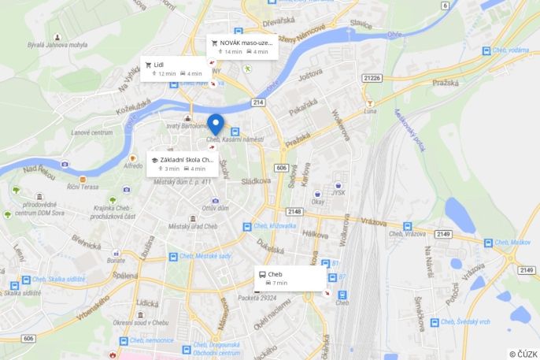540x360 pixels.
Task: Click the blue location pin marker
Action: point(215,124)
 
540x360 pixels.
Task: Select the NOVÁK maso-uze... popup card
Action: point(242,46)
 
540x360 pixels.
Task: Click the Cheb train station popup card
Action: point(289,278)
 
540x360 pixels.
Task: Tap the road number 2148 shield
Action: point(294,212)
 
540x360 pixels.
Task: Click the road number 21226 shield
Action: point(372,78)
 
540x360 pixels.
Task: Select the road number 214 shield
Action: point(257,102)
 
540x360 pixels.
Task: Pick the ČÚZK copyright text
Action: point(523,354)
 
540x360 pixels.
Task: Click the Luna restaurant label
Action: point(370,111)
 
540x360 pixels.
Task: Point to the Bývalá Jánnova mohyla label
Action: point(57,45)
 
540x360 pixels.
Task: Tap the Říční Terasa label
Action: point(83,187)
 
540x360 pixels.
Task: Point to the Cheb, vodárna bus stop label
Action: point(511,50)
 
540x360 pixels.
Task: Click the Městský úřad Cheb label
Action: point(192,226)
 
